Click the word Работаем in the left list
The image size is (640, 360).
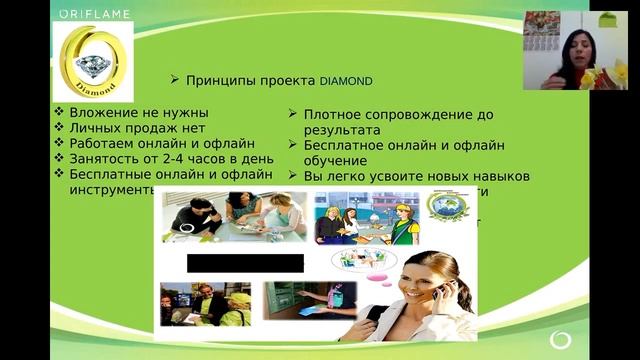105,143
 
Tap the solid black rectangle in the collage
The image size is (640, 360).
245,263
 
